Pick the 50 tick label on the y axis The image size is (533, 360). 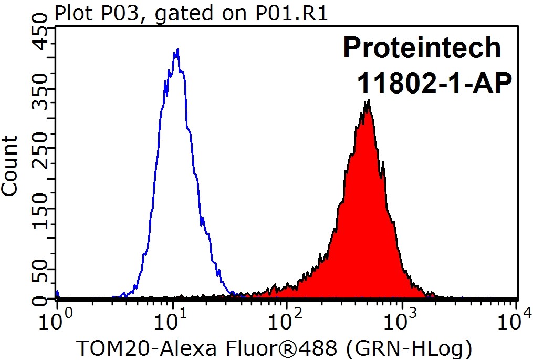(x=40, y=275)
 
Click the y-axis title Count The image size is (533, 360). (x=10, y=165)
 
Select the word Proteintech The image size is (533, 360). (x=422, y=48)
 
